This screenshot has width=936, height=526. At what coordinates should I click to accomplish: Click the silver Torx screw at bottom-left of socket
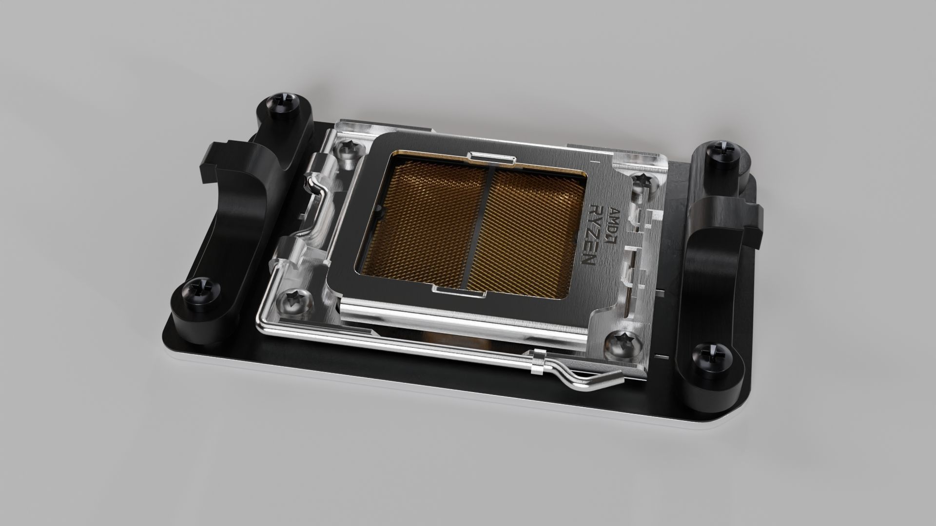[294, 299]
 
